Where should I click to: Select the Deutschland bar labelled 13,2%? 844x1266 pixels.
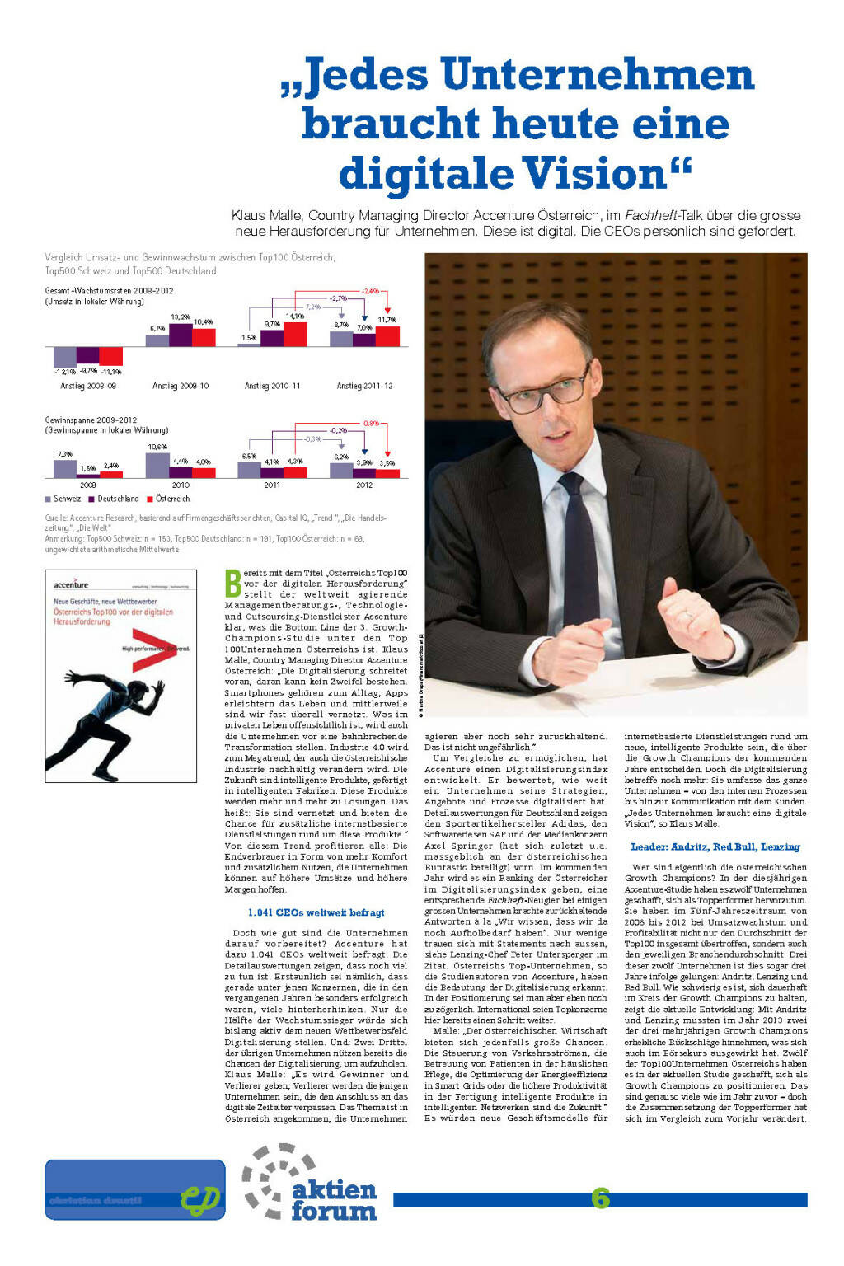[181, 335]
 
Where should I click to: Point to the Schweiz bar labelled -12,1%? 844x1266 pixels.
[64, 356]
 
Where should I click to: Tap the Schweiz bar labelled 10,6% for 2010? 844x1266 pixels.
[157, 464]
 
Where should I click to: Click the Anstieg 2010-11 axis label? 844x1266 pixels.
[272, 386]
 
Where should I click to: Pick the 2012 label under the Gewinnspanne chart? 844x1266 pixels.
[364, 485]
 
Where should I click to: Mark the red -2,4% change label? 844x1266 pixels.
[370, 291]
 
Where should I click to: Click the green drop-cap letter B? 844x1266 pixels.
[233, 583]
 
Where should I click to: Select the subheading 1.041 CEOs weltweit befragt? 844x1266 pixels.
[316, 912]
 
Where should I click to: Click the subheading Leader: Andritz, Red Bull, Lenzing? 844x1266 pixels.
[715, 846]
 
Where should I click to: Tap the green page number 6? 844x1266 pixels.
[600, 1198]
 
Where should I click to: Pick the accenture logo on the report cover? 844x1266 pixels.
[71, 584]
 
